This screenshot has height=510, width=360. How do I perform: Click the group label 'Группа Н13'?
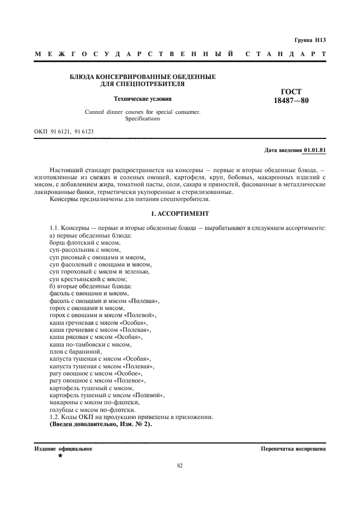tap(309, 40)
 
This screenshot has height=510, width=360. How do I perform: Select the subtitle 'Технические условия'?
tap(142, 99)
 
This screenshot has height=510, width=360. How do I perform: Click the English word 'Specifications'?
tap(143, 118)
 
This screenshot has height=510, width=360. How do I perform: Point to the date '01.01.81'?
tap(315, 149)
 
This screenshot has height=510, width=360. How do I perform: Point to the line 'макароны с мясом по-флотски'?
tap(94, 402)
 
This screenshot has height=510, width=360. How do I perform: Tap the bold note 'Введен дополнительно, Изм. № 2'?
tap(101, 424)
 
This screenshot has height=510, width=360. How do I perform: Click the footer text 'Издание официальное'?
tap(63, 449)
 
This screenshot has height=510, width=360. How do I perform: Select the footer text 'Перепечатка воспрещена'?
tap(293, 449)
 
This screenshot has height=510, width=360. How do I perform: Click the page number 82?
tap(180, 466)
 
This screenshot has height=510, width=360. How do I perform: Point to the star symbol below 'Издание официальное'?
tap(60, 456)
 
